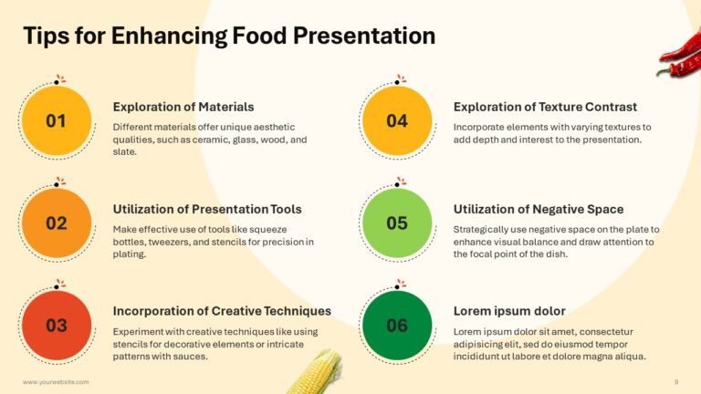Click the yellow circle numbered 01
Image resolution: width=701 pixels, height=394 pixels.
(x=56, y=120)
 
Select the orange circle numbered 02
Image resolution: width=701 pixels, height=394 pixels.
(x=56, y=223)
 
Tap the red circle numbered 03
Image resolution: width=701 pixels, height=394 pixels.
(x=56, y=326)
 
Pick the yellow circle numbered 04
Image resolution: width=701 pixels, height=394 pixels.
(x=397, y=120)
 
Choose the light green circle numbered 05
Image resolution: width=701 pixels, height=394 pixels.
(x=397, y=223)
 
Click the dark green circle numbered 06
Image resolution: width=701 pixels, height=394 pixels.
(x=397, y=326)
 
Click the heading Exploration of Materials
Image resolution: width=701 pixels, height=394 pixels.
(x=183, y=107)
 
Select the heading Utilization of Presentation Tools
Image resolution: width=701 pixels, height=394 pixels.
(x=206, y=209)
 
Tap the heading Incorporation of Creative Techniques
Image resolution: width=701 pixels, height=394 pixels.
(x=221, y=311)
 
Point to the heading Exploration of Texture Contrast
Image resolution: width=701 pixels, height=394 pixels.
(x=545, y=107)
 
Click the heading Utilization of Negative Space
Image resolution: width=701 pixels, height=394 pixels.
(x=539, y=209)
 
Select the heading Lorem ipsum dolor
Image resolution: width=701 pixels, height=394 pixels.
(x=509, y=311)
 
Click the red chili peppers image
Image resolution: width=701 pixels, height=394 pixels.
(x=680, y=57)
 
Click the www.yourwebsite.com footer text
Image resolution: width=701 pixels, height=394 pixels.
(x=56, y=382)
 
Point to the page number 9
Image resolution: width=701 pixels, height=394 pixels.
(x=676, y=382)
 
